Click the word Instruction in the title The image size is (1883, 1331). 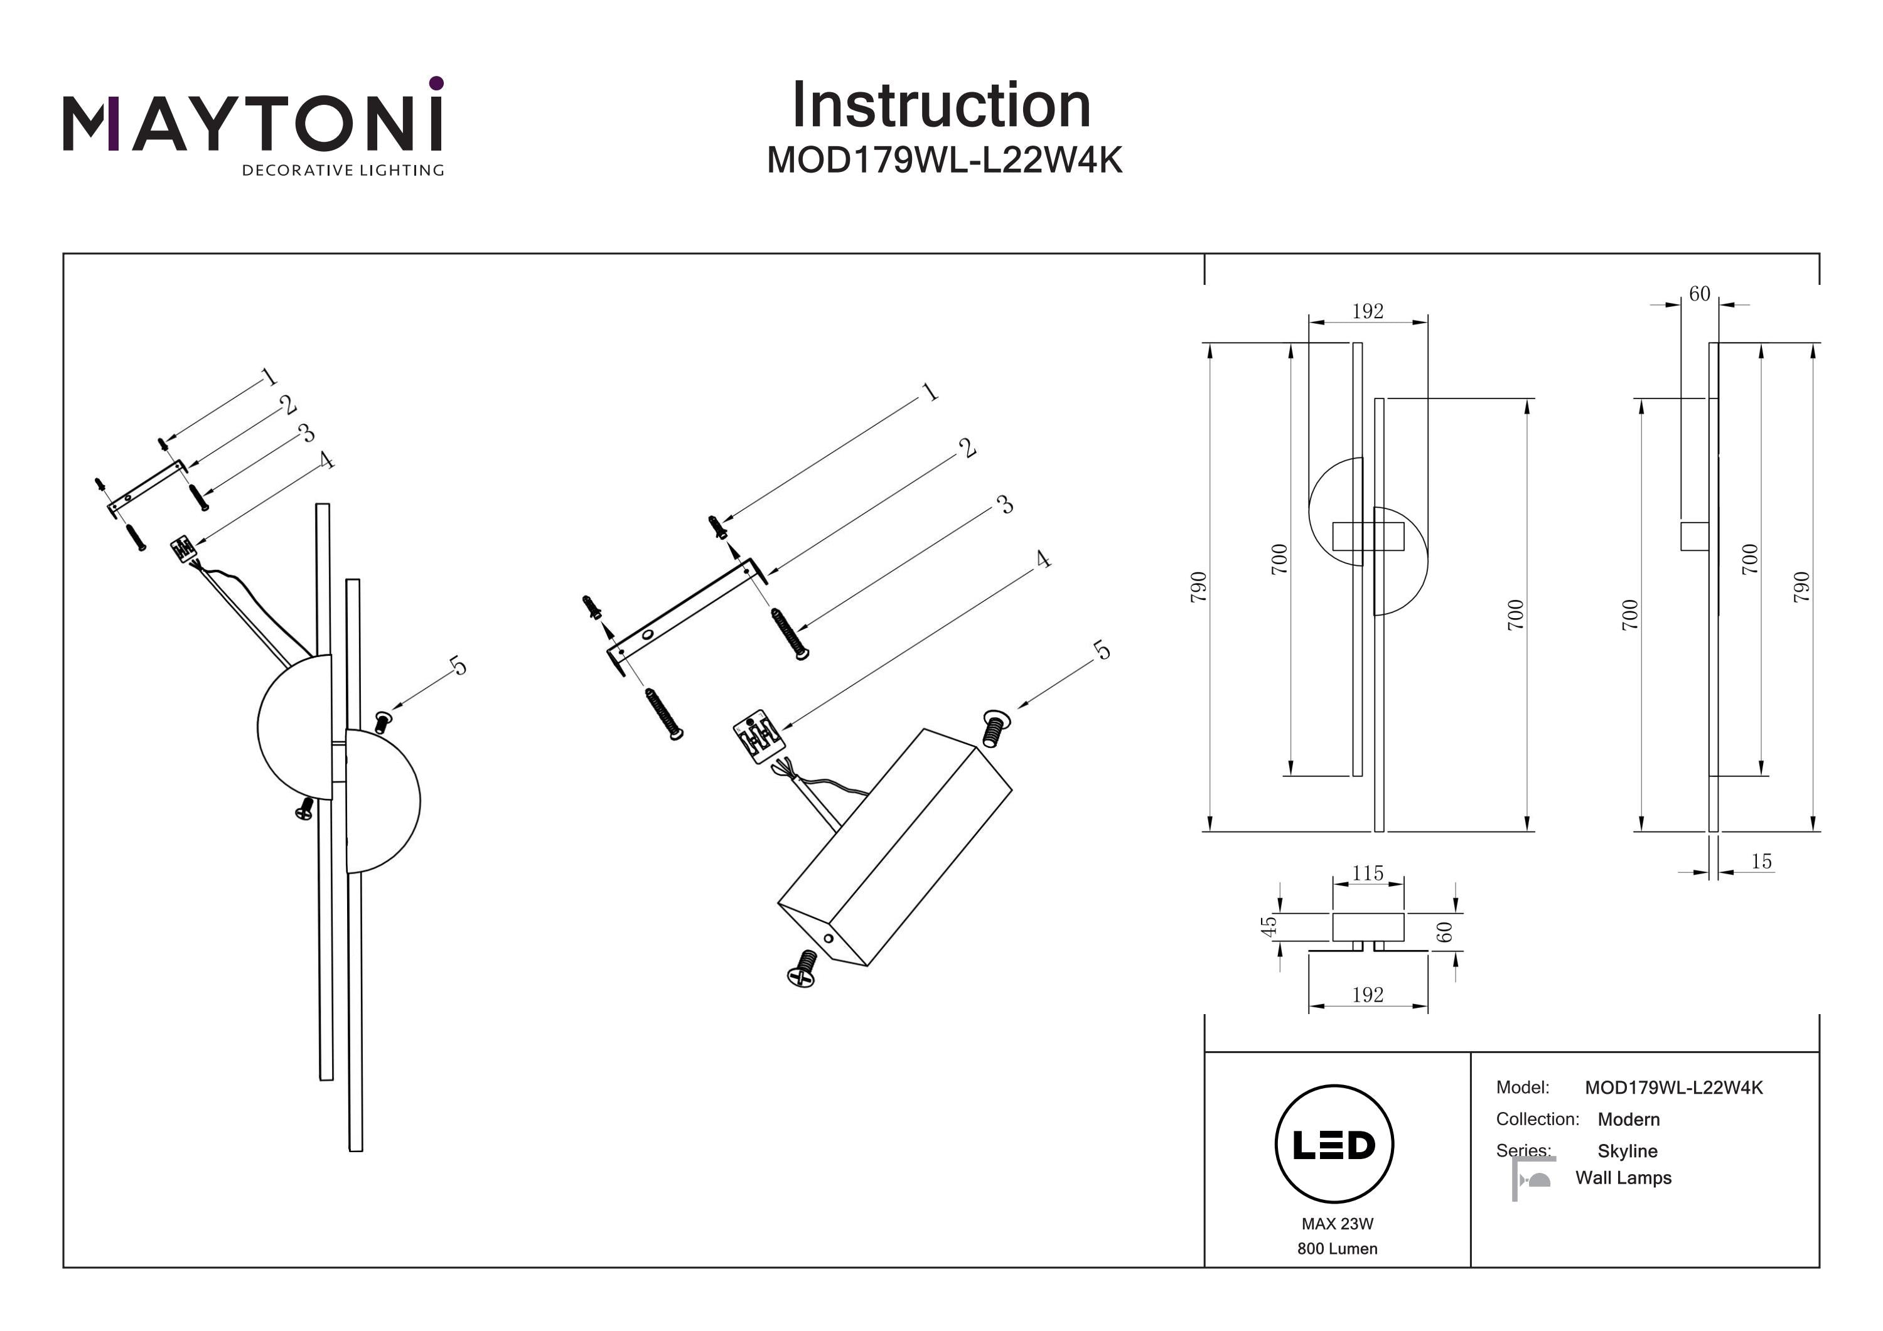coord(941,106)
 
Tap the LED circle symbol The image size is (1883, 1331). coord(1334,1144)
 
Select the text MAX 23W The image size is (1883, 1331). coord(1337,1224)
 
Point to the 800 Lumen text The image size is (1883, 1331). coord(1337,1248)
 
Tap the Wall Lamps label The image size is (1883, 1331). coord(1623,1178)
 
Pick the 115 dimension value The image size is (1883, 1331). coord(1367,874)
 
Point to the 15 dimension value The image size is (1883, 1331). coord(1761,861)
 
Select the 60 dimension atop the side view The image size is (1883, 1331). coord(1699,294)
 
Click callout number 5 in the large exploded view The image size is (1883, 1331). coord(1102,650)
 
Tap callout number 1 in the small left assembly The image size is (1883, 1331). coord(268,377)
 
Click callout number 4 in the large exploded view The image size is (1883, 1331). coord(1043,559)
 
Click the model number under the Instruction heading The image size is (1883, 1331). coord(944,161)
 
